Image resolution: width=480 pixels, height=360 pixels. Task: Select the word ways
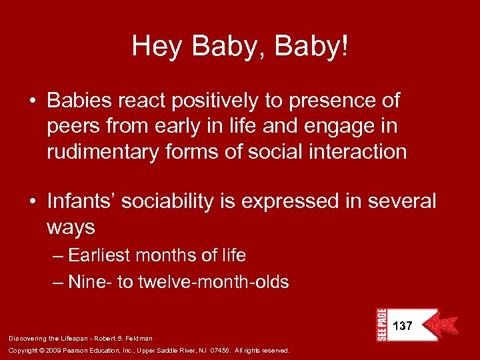click(71, 227)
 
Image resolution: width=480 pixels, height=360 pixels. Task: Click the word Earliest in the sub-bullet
click(101, 255)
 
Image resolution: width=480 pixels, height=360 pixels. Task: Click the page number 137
click(403, 326)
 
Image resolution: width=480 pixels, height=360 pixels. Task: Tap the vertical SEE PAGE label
click(381, 325)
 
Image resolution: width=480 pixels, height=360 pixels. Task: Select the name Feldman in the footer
click(139, 339)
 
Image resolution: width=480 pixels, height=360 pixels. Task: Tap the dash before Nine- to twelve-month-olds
click(59, 283)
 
